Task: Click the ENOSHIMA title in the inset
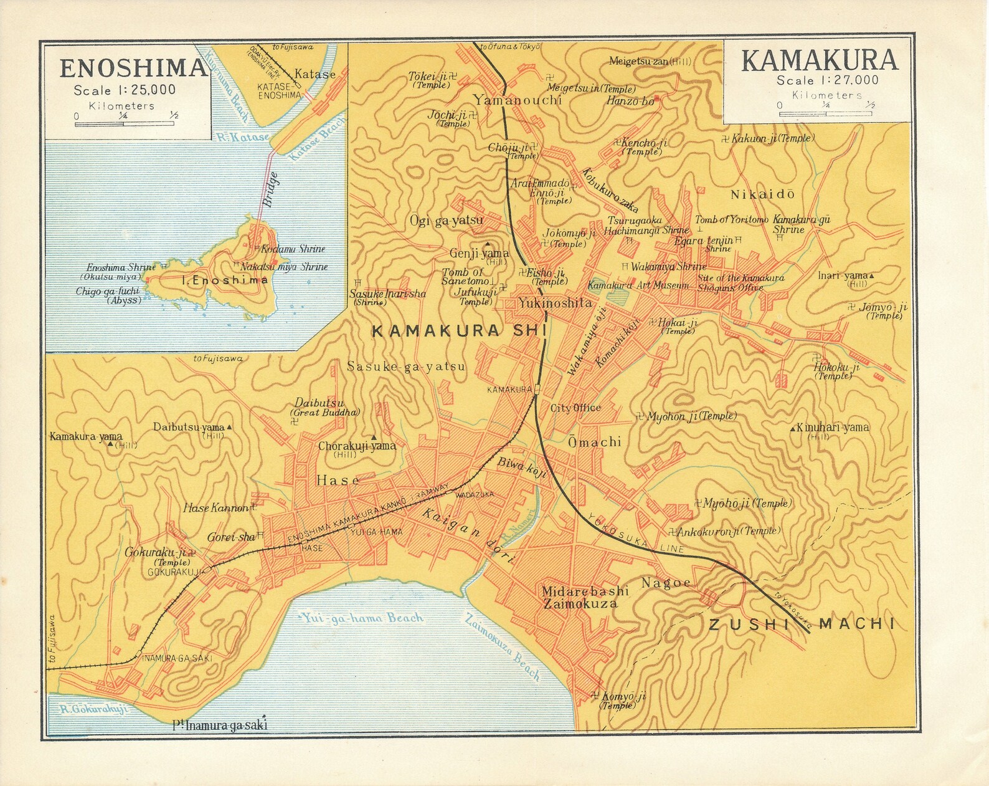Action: point(133,67)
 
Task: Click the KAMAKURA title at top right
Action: point(820,60)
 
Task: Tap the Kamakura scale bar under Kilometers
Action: point(826,114)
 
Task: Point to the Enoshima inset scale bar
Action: point(125,124)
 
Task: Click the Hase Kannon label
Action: point(215,508)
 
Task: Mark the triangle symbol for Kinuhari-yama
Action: point(792,429)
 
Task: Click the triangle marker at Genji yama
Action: point(488,244)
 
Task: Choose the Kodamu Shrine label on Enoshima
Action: point(293,249)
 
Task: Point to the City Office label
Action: point(575,408)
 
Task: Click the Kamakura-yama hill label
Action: point(86,436)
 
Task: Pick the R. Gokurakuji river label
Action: point(94,709)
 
